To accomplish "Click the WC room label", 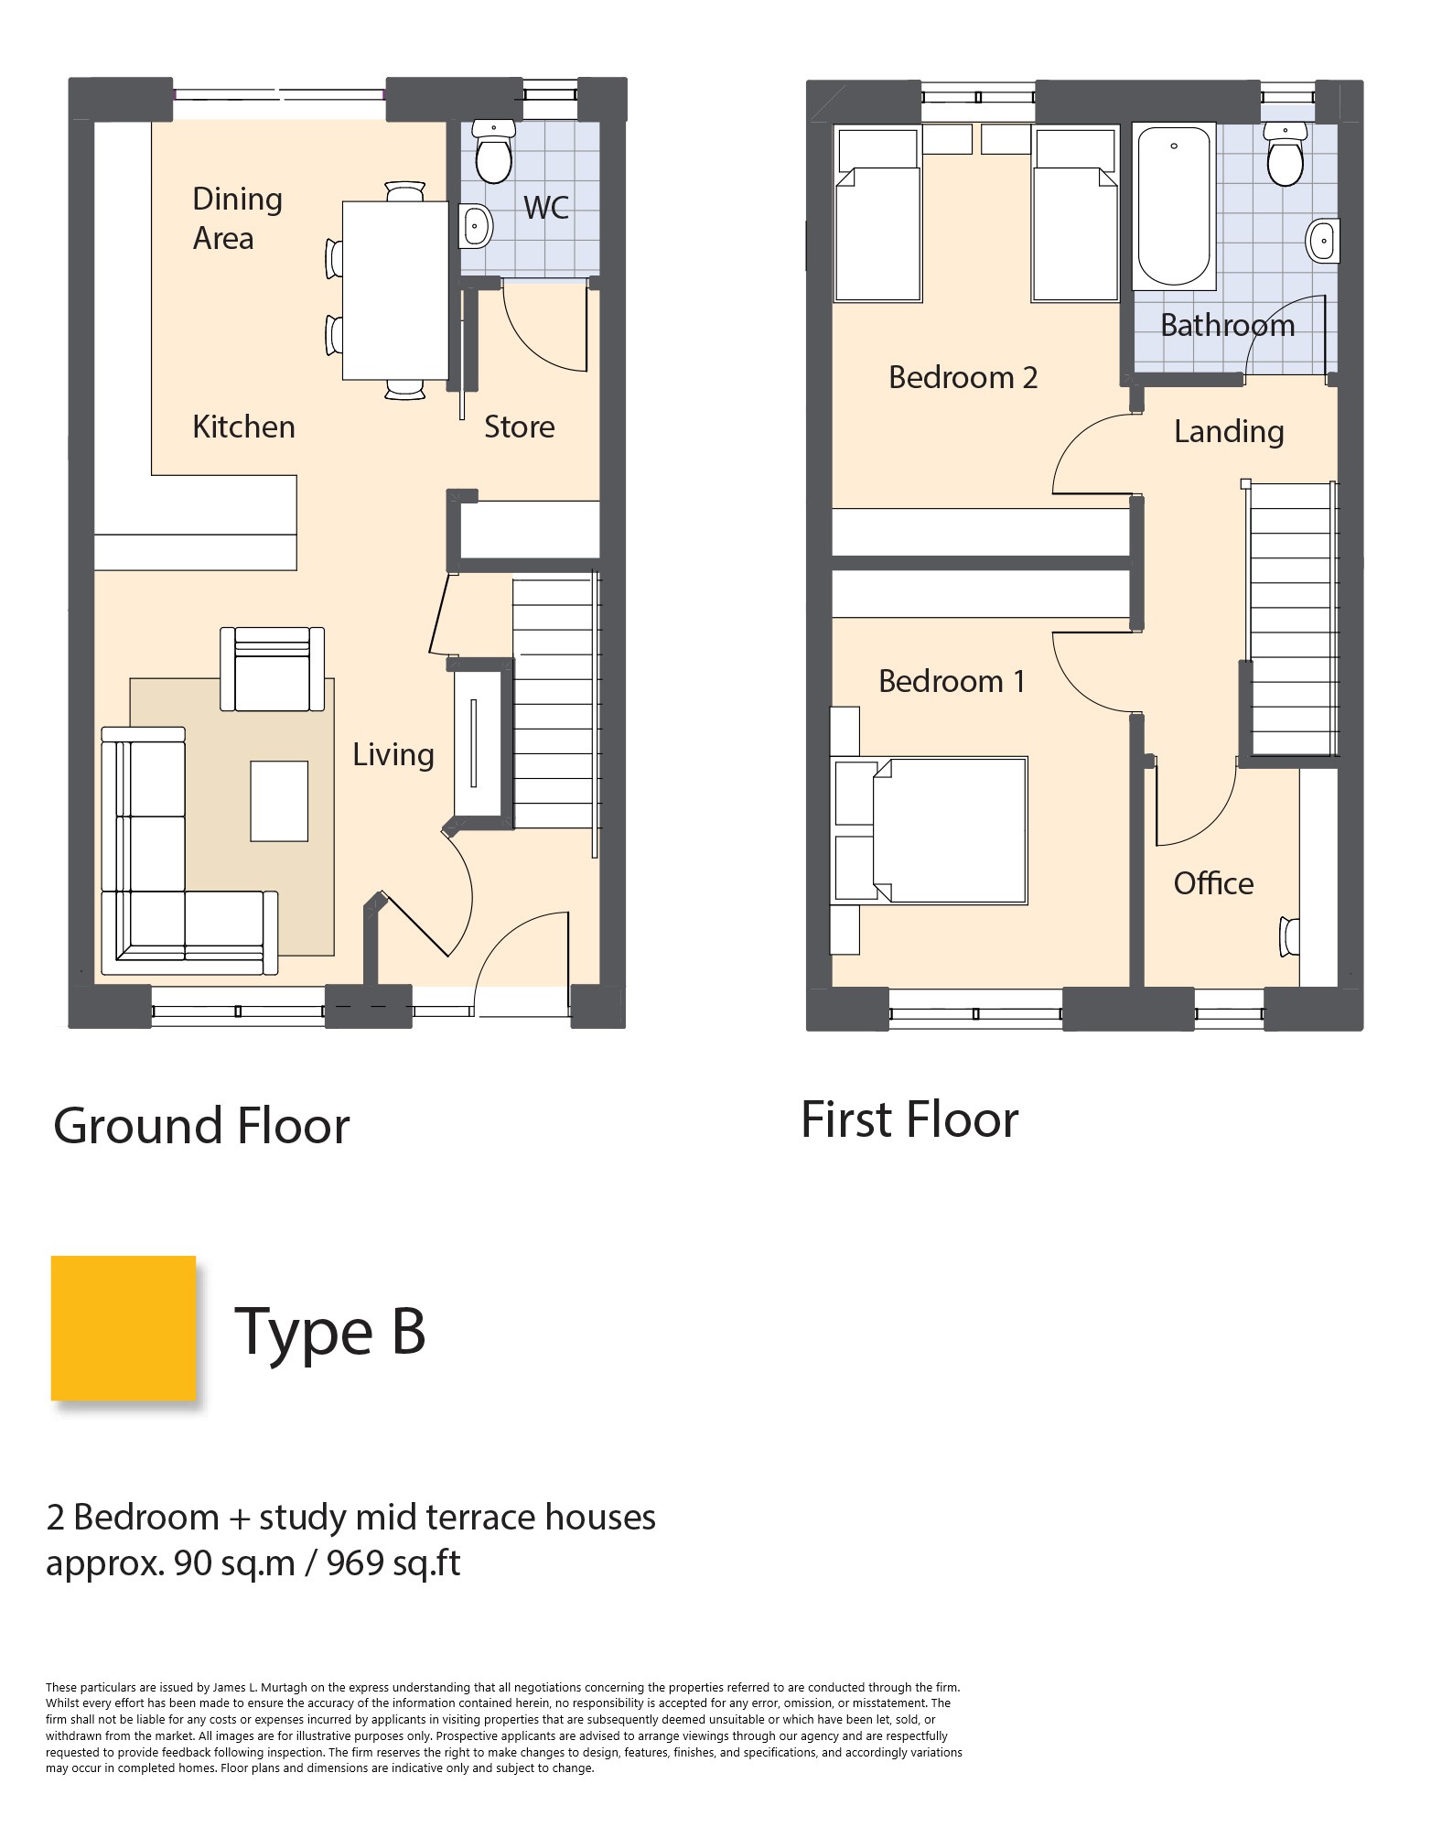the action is [x=546, y=207].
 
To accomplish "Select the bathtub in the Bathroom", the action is [x=1173, y=206].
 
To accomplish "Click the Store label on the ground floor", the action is [x=519, y=427].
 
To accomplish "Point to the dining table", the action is [x=395, y=290].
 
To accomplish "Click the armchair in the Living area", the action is [x=273, y=669].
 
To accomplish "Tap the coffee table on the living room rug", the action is [x=279, y=801].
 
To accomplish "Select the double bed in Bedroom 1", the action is [x=931, y=830].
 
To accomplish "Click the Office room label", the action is [x=1213, y=883].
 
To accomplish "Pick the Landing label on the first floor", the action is [x=1229, y=431].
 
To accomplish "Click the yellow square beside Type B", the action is [x=124, y=1328].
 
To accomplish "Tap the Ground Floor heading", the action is [x=201, y=1125].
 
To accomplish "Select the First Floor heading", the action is [x=909, y=1119].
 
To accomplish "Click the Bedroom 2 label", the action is [x=963, y=377].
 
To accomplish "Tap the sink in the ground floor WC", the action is [x=475, y=225].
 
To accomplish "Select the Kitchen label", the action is [x=243, y=427].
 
